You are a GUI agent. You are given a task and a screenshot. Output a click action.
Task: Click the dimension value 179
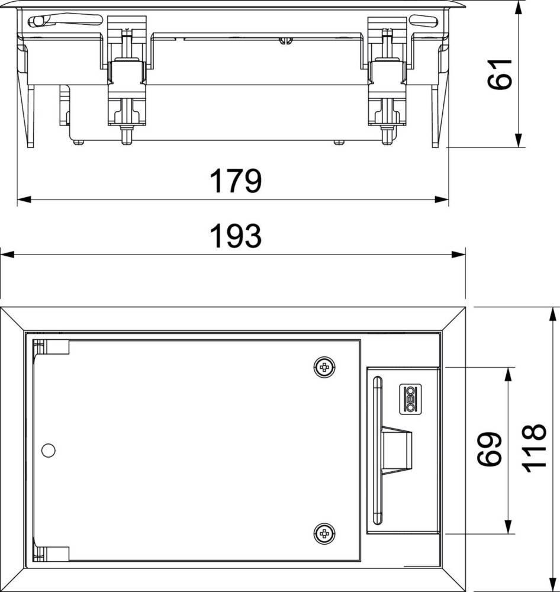point(236,182)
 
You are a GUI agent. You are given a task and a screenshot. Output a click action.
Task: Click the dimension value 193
point(236,237)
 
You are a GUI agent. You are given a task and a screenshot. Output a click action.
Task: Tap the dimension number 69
point(491,449)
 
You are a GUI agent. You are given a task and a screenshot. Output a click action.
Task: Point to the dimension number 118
point(534,448)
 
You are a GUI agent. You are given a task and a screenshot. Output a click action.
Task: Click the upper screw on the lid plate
point(323,368)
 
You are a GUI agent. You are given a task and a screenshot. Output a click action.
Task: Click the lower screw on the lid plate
point(323,533)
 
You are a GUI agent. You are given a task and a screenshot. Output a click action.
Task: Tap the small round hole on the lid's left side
point(48,451)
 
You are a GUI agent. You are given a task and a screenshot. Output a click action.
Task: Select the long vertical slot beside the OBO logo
point(376,450)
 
